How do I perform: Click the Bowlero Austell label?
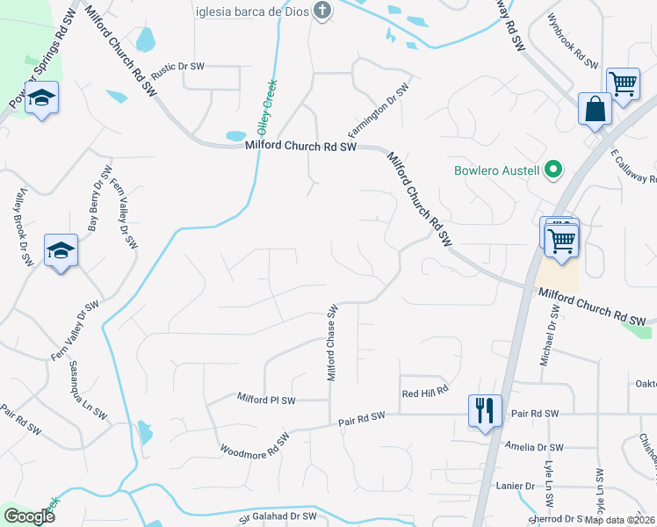(497, 170)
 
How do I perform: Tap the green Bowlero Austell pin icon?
(552, 170)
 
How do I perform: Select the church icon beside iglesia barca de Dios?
(323, 11)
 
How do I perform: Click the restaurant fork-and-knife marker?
(485, 409)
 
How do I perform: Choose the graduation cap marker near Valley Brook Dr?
(61, 251)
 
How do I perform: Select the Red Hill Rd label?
(425, 393)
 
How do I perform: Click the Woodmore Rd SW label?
(254, 444)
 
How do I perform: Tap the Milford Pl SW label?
(267, 400)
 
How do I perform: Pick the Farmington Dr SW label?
(379, 112)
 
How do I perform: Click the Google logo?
(29, 516)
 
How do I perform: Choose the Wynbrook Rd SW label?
(572, 42)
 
